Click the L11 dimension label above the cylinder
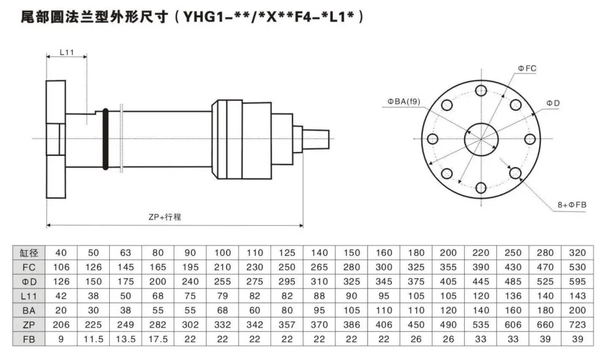click(x=67, y=52)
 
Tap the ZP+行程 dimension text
click(x=165, y=217)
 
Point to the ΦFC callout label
click(x=527, y=68)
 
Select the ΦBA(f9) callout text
click(x=404, y=102)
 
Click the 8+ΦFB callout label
click(x=572, y=205)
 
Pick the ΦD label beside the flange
click(x=553, y=103)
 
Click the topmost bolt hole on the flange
click(x=481, y=91)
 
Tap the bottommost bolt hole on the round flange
click(x=481, y=188)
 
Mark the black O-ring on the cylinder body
click(x=105, y=139)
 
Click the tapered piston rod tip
click(x=316, y=139)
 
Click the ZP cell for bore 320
click(x=577, y=324)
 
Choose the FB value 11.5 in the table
click(x=93, y=339)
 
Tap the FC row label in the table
click(x=29, y=267)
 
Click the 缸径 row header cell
click(x=29, y=253)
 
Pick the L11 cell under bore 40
click(x=61, y=296)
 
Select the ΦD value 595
click(x=577, y=281)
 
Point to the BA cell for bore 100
click(x=222, y=310)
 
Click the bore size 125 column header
click(x=287, y=253)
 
